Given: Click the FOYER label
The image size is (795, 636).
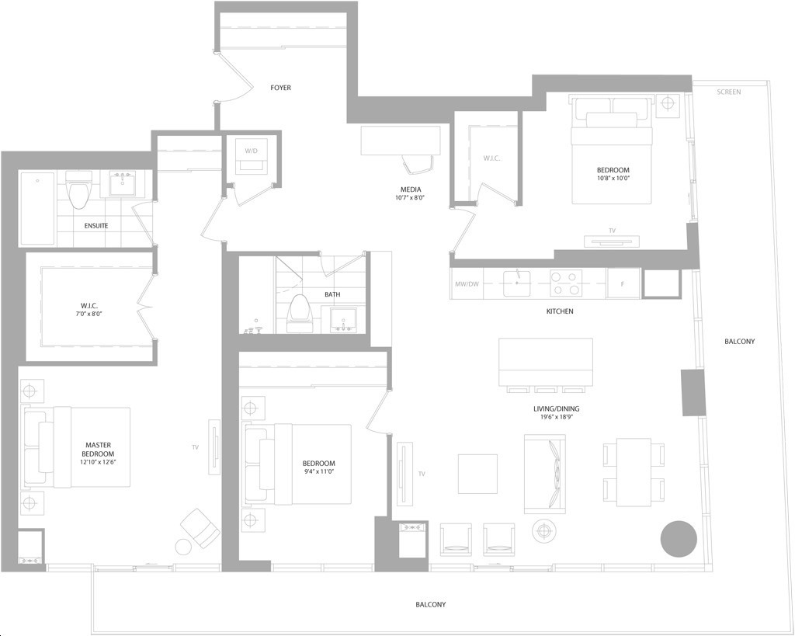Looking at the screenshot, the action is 280,88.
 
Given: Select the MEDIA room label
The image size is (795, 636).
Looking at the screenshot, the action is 410,189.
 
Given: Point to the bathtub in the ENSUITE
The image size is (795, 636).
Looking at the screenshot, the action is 37,208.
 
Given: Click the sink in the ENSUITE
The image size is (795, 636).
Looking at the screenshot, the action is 122,183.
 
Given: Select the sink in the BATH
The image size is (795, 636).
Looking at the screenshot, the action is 343,319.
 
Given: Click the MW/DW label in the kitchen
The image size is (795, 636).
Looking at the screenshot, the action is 467,284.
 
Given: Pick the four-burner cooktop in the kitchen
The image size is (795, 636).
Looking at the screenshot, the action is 566,283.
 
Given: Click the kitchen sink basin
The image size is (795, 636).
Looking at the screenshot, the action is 516,283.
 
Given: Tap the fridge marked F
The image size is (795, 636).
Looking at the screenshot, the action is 623,283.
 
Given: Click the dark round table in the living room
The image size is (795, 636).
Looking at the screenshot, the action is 679,538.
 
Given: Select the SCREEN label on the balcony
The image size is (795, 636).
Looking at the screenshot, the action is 729,92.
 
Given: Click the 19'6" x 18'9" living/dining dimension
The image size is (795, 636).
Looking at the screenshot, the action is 556,418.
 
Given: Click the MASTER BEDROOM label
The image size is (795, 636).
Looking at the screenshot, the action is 99,450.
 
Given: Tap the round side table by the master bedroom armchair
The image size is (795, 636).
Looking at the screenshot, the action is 183,547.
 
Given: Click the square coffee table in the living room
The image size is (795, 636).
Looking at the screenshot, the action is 477,474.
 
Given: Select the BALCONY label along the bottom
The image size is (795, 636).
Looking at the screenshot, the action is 430,605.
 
